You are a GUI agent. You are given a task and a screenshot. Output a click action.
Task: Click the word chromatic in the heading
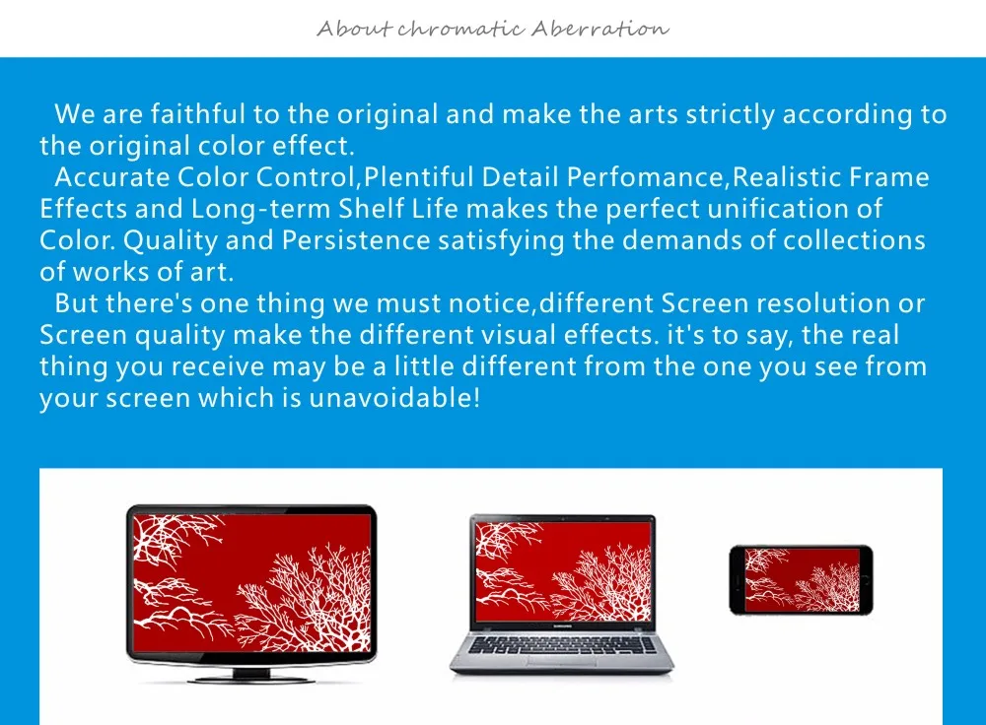pyautogui.click(x=460, y=29)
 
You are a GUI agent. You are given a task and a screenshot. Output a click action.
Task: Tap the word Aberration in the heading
pyautogui.click(x=599, y=29)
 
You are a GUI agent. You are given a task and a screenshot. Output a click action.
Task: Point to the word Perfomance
pyautogui.click(x=646, y=177)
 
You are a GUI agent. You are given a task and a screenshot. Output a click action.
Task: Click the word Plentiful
pyautogui.click(x=418, y=177)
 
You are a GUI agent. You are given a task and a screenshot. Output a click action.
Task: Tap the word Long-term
pyautogui.click(x=261, y=209)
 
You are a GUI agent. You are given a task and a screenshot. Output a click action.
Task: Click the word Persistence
pyautogui.click(x=356, y=240)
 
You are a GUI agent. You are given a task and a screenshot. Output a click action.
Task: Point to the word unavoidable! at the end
pyautogui.click(x=394, y=398)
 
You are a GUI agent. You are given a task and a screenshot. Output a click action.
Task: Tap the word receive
pyautogui.click(x=218, y=366)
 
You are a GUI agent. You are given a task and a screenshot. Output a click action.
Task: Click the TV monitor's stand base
pyautogui.click(x=251, y=679)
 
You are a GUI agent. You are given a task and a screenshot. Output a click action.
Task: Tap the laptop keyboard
pyautogui.click(x=562, y=645)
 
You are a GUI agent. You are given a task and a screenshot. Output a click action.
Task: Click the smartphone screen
pyautogui.click(x=802, y=580)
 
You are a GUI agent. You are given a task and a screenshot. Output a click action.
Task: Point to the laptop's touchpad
pyautogui.click(x=562, y=662)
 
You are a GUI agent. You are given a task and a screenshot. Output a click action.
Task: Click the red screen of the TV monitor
pyautogui.click(x=251, y=583)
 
